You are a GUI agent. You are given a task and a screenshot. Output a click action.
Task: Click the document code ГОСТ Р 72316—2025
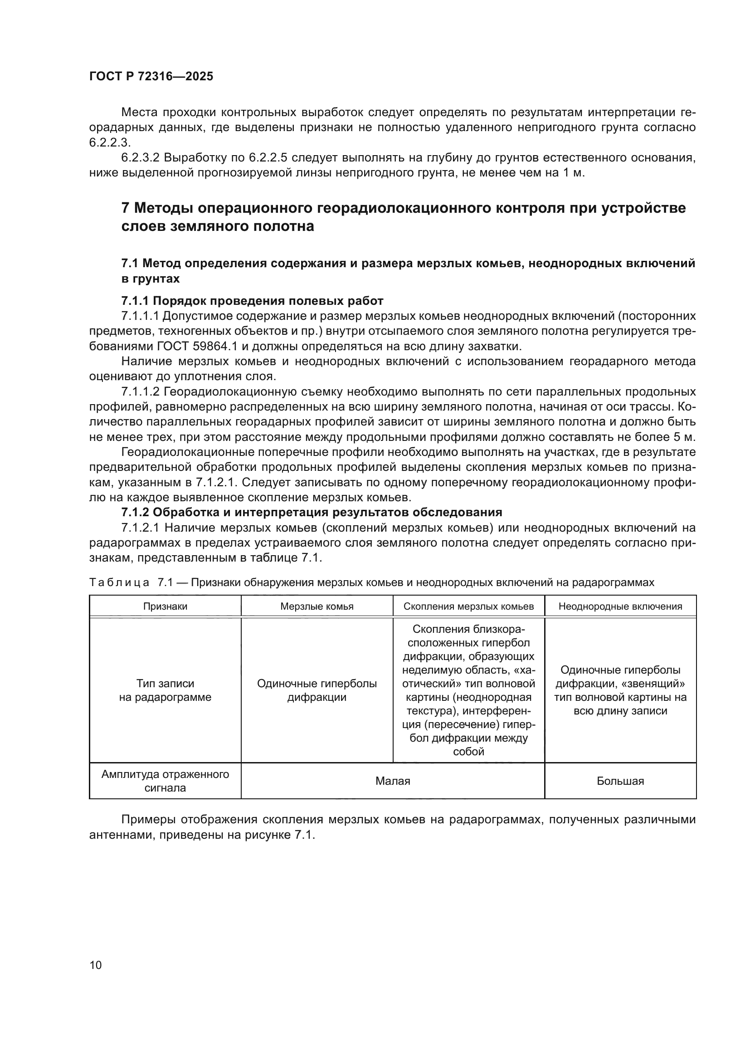[x=151, y=77]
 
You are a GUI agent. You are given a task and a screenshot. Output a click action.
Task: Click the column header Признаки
[x=165, y=606]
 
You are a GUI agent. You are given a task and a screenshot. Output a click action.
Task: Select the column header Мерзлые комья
[x=317, y=606]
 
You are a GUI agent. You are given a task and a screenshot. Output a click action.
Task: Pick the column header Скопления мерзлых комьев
[x=468, y=606]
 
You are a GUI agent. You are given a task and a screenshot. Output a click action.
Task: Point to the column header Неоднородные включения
[x=620, y=606]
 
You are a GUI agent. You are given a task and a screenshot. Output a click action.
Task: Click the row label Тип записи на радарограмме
[x=165, y=690]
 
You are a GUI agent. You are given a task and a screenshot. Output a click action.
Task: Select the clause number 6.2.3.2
[x=140, y=158]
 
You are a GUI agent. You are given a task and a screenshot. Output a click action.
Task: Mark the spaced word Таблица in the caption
[x=119, y=582]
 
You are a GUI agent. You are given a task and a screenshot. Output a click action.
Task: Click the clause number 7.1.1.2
[x=140, y=392]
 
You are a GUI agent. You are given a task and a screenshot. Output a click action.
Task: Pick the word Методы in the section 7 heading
[x=161, y=208]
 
